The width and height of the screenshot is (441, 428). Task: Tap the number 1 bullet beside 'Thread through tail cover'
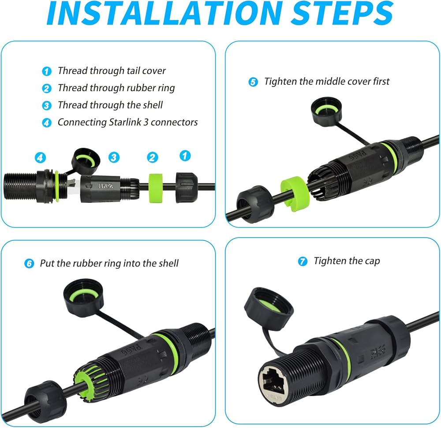coord(47,71)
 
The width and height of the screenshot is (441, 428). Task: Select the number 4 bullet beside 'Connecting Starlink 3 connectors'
coord(47,123)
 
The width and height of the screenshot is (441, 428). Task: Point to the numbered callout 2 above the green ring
coord(153,157)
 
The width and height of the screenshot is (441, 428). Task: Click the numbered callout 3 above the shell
coord(114,157)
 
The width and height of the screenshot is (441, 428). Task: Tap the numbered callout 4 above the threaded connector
coord(40,157)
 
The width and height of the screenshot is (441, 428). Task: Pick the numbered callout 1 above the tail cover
coord(185,156)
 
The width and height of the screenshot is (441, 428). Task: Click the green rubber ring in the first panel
coord(156,188)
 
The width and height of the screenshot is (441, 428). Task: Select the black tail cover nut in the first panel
coord(187,187)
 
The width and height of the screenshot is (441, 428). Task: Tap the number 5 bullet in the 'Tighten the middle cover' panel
coord(253,82)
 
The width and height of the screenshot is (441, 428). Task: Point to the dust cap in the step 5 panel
coord(326,110)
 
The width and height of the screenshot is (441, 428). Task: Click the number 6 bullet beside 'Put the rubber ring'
coord(29,264)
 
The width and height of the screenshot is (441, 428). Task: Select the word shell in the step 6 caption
coord(168,263)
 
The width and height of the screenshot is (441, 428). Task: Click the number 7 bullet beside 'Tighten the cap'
coord(303,261)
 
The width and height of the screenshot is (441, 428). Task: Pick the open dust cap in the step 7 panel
coord(269,308)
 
